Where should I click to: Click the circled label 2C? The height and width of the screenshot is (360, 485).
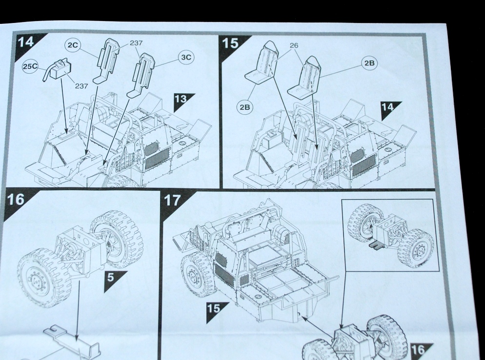coord(72,45)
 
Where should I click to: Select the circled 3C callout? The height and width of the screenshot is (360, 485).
coord(186,57)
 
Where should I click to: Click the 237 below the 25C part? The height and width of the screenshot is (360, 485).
coord(81,86)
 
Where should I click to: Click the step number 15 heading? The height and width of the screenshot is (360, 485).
coord(232,42)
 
